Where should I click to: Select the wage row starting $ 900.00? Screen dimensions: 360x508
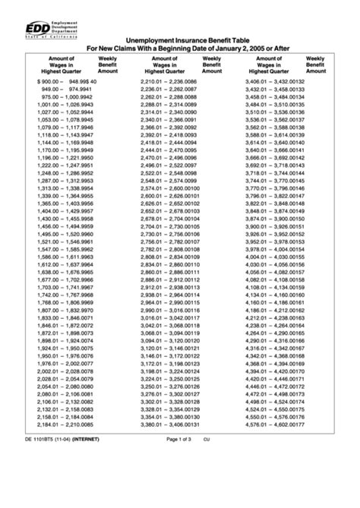point(67,80)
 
